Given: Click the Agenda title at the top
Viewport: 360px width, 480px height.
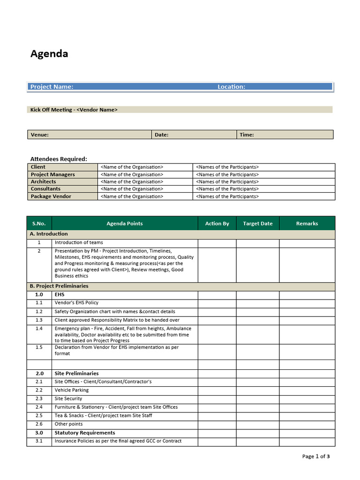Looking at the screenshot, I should (x=49, y=53).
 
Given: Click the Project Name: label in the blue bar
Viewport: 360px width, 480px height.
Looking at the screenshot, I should (x=52, y=87).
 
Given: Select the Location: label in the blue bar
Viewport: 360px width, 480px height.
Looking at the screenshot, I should (x=231, y=87).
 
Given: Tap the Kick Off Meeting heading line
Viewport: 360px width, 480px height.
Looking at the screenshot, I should (x=74, y=110).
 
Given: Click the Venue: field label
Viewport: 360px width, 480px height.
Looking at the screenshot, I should (x=39, y=135).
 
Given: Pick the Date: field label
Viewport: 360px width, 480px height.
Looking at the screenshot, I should (x=161, y=135).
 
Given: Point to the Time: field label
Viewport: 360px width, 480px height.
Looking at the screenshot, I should (x=247, y=135).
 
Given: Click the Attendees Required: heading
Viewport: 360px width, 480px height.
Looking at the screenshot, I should (x=59, y=159).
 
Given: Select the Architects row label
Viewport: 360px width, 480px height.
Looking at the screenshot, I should (x=43, y=182).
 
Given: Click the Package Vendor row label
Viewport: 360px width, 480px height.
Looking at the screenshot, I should (x=51, y=196).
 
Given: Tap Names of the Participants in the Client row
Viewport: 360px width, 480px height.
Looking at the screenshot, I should (x=227, y=167).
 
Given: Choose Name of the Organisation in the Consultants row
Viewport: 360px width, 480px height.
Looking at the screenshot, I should (x=132, y=189).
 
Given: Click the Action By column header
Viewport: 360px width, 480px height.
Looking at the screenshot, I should (x=217, y=224).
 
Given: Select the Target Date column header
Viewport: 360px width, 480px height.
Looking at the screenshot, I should (x=257, y=224).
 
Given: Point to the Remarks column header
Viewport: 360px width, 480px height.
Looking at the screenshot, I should (x=307, y=224).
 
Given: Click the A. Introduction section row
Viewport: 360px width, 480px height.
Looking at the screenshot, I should (x=49, y=234).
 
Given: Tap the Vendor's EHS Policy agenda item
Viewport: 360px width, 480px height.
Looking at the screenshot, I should (x=76, y=303).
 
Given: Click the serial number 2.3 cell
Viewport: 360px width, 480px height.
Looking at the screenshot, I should (x=39, y=398).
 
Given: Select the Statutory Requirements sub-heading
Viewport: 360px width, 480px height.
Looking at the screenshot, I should (x=84, y=433).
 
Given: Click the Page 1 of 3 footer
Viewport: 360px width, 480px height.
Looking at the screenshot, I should (x=316, y=456).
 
